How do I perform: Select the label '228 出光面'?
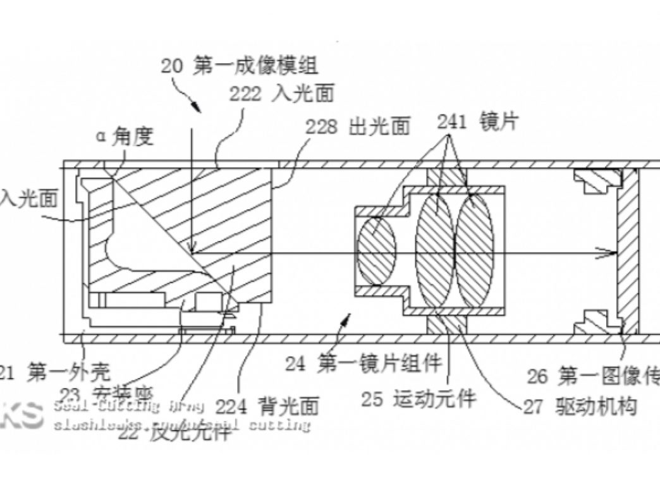[x=358, y=126]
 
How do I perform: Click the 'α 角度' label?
[x=125, y=136]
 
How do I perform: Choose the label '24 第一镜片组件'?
[x=363, y=363]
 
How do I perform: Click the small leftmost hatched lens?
[x=377, y=251]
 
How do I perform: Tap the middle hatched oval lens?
[x=435, y=251]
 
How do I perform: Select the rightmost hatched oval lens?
[x=474, y=251]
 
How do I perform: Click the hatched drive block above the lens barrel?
[x=448, y=177]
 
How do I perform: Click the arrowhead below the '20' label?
[x=197, y=106]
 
